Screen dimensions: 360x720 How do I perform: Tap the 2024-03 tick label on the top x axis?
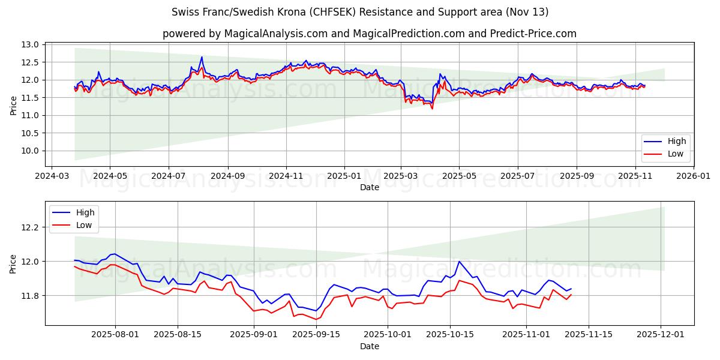click(x=52, y=176)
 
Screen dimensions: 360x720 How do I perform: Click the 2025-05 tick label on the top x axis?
click(x=459, y=176)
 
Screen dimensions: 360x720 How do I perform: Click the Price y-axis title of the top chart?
click(x=13, y=104)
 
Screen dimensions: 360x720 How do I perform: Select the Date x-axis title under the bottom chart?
click(x=369, y=347)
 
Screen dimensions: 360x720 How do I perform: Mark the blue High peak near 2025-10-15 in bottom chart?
click(x=460, y=261)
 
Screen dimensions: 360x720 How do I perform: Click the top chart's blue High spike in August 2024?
click(x=202, y=57)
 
